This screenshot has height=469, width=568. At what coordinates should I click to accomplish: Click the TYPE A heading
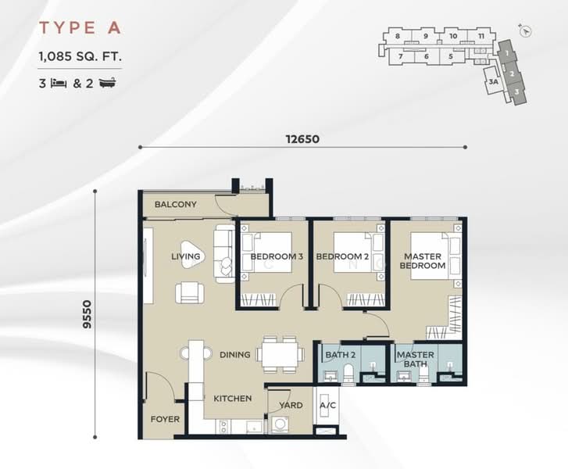pos(80,28)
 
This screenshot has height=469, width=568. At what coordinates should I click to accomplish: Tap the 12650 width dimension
pos(302,139)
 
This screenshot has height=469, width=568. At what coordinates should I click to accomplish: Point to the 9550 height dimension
pos(88,314)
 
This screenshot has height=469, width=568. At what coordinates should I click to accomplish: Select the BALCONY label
pos(176,205)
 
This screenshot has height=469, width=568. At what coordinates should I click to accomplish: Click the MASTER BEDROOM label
pos(423,261)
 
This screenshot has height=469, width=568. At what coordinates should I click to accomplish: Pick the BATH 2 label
pos(340,355)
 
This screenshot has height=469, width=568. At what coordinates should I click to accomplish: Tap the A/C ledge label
pos(328,405)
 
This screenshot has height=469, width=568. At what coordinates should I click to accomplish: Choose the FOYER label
pos(165,419)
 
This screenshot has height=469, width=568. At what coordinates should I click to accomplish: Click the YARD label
pos(291,405)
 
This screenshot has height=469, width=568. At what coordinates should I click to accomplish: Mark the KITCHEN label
pos(233,399)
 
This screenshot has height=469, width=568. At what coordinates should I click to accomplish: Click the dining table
pos(280,354)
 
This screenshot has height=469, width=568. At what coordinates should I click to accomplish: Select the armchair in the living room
pos(189,293)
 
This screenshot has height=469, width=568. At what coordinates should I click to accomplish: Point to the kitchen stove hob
pos(223,426)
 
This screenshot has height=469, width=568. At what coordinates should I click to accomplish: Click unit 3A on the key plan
pos(493,82)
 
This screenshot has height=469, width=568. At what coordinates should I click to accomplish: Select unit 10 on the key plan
pos(453,36)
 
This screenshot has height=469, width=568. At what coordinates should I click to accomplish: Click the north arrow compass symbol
pos(525,31)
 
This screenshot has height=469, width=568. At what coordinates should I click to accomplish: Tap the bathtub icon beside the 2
pos(108,84)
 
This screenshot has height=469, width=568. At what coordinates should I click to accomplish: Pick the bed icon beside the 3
pos(59,84)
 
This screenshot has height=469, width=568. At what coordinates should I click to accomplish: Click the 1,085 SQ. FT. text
pos(80,56)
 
